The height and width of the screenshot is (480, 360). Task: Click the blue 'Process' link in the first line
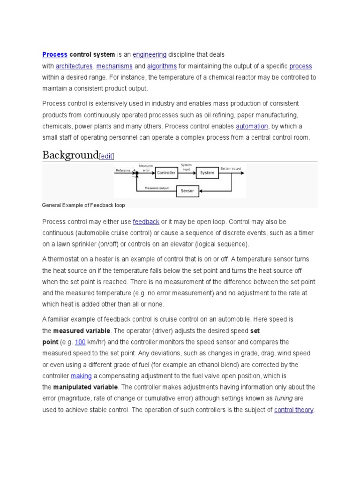55,55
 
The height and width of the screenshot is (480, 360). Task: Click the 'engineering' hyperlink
150,55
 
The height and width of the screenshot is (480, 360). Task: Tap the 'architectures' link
74,66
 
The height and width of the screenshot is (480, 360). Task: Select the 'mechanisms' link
114,66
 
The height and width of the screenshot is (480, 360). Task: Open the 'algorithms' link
162,66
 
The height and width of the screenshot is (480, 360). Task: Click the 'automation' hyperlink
252,126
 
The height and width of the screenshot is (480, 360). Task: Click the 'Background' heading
70,155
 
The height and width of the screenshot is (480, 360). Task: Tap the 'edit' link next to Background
106,157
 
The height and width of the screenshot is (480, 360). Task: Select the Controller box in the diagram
166,173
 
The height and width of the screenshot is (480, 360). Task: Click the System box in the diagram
207,173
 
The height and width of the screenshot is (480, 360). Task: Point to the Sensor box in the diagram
187,191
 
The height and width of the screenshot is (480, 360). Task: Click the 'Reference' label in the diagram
123,171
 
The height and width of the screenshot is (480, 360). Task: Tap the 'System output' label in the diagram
231,169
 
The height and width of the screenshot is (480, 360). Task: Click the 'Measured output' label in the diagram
157,188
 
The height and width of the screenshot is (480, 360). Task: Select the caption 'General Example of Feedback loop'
83,205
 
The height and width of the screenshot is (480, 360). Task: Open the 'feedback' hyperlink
146,222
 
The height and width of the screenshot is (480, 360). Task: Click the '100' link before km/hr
80,342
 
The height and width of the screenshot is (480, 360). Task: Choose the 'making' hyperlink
81,376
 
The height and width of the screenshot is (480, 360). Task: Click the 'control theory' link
294,410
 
